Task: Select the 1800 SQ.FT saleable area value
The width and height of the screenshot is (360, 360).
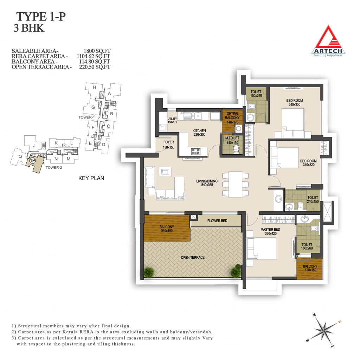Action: click(x=97, y=51)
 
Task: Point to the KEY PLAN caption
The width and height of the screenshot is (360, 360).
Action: click(x=91, y=178)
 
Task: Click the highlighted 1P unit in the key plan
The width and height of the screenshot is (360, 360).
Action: click(x=35, y=163)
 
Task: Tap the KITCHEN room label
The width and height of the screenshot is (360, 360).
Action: click(x=199, y=131)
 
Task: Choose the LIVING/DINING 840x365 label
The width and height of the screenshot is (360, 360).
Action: click(x=207, y=183)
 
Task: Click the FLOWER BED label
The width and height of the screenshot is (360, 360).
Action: click(x=217, y=221)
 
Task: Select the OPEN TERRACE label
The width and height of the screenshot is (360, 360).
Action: click(x=193, y=258)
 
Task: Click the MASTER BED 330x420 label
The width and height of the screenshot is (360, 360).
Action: click(x=270, y=231)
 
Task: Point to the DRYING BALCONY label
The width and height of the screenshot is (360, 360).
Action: click(x=232, y=115)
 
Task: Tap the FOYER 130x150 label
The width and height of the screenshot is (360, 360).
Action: click(x=168, y=144)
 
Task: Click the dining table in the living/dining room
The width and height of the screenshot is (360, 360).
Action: click(x=235, y=184)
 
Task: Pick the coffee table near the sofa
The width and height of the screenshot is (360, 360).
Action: click(x=165, y=172)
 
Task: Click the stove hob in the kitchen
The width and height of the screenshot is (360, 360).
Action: click(x=196, y=152)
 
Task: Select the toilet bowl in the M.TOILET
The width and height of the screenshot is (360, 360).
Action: click(x=236, y=150)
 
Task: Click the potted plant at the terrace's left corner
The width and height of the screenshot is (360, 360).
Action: click(x=149, y=272)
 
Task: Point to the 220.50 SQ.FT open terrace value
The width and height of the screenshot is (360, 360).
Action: click(x=95, y=67)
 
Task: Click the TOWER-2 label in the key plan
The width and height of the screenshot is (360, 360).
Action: click(x=54, y=168)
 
